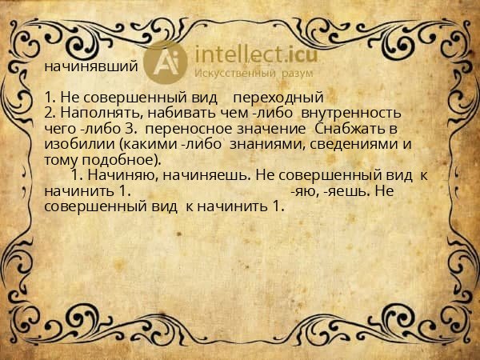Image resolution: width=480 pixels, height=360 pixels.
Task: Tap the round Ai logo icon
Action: [x=168, y=62]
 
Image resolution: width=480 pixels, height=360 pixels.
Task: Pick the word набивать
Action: [x=176, y=114]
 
